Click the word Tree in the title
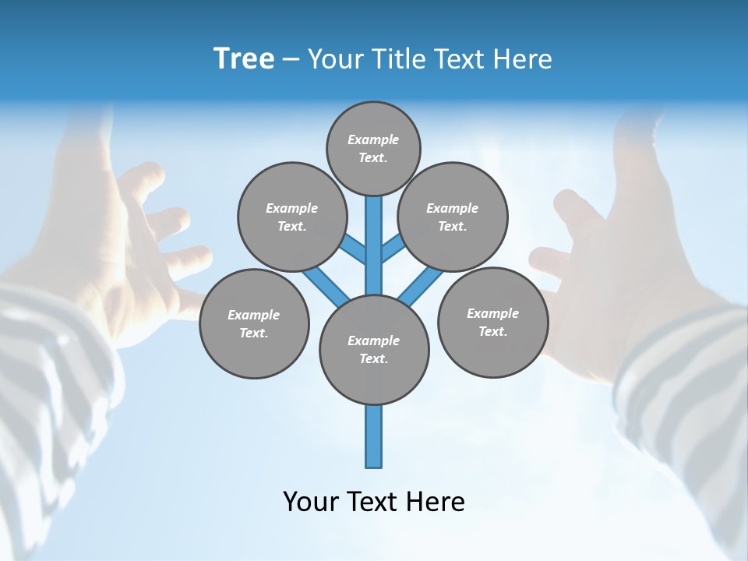244,59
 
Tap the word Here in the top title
522,59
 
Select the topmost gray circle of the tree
373,148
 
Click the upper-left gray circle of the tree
291,217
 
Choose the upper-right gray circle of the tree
452,217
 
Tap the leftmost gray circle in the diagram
254,323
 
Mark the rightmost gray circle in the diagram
492,322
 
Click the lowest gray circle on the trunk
374,349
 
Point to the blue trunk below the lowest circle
374,436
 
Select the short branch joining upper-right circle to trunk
393,249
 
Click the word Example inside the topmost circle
373,139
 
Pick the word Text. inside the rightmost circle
492,331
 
